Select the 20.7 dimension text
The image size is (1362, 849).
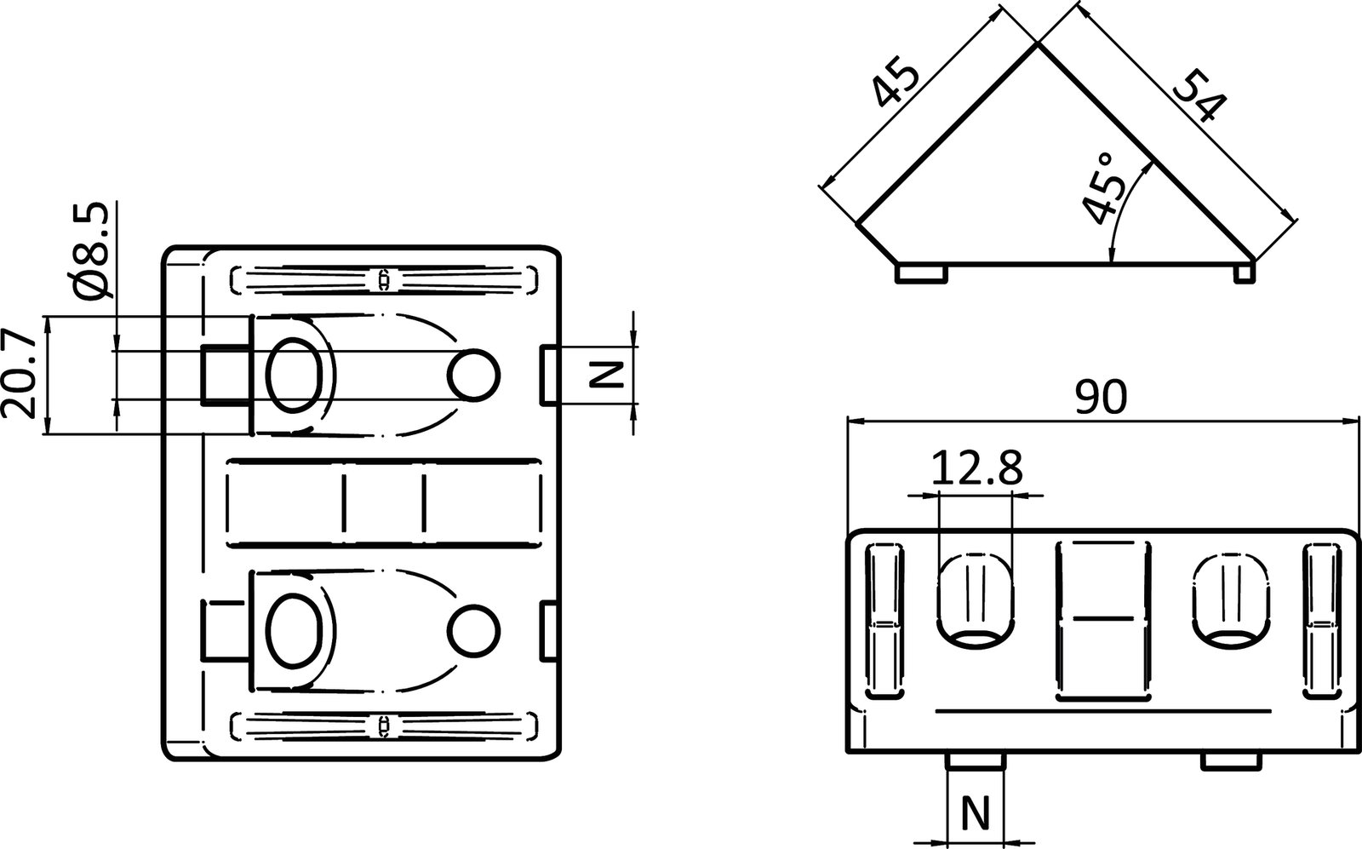click(x=20, y=375)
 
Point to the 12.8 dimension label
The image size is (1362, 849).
click(x=976, y=468)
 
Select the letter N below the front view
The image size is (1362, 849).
click(x=976, y=814)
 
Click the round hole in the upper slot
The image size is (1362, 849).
click(x=474, y=375)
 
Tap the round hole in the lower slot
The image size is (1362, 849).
click(x=473, y=630)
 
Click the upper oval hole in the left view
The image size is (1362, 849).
click(x=295, y=375)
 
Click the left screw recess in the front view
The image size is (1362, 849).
click(x=977, y=599)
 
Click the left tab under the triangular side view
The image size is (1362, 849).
click(x=922, y=273)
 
